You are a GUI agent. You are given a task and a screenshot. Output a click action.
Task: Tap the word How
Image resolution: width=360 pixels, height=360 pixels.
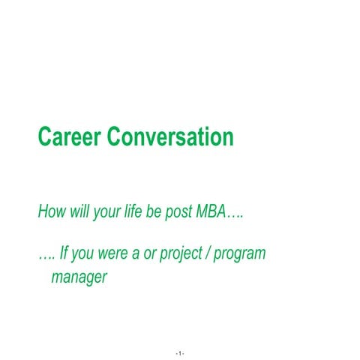51,211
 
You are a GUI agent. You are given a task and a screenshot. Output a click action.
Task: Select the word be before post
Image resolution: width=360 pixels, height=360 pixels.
155,211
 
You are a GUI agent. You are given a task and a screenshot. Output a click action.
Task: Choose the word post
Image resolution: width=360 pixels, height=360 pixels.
178,211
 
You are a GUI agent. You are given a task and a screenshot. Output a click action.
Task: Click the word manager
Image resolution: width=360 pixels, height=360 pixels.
79,278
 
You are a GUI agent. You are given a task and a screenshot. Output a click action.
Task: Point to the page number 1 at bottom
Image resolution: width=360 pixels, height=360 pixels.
180,352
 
